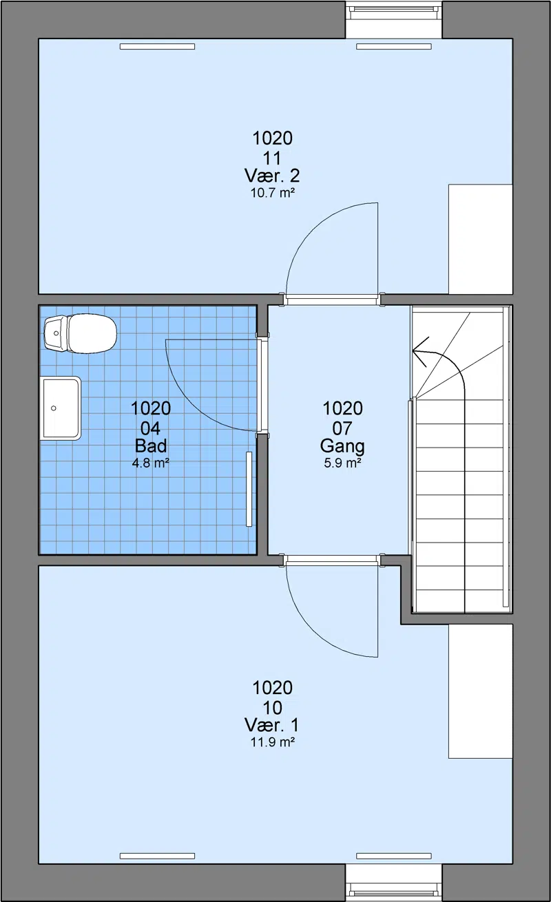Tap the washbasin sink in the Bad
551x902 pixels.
click(61, 408)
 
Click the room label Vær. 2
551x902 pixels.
click(272, 176)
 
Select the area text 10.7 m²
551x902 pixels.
click(273, 193)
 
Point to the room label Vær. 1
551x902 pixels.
click(272, 725)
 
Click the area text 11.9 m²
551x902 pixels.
click(273, 742)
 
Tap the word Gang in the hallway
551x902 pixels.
click(342, 446)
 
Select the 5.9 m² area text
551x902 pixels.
click(342, 463)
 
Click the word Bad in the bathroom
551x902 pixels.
click(151, 445)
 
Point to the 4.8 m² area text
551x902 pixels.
click(151, 463)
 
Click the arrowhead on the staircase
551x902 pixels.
click(419, 352)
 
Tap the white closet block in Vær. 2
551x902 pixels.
click(481, 239)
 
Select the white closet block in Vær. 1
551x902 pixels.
click(481, 691)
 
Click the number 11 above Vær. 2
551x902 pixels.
click(272, 158)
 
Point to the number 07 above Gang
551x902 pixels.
click(342, 428)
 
